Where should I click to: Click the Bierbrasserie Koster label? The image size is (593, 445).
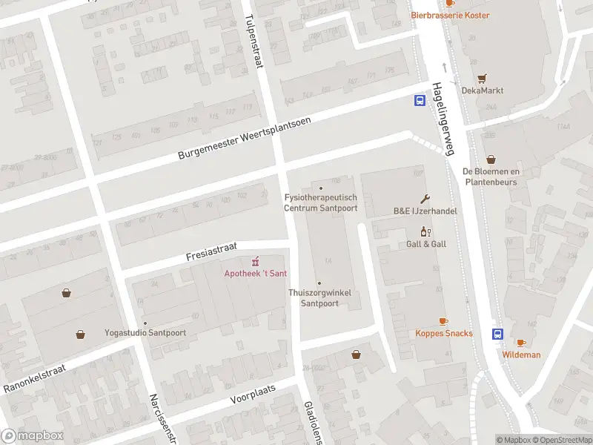tap(451, 15)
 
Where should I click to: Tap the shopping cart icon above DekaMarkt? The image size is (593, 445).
tap(482, 78)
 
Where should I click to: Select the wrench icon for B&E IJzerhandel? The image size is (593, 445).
tap(425, 199)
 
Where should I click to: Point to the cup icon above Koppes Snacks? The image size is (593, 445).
tap(443, 321)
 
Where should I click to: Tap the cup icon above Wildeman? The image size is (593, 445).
tap(521, 343)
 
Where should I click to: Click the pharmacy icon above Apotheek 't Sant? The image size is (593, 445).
tap(256, 261)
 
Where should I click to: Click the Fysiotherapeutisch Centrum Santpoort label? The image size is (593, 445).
tap(321, 202)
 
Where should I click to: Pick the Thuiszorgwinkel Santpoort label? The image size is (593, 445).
tap(319, 298)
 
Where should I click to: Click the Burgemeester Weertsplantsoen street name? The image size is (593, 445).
tap(244, 138)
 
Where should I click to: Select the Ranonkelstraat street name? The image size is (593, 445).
tap(35, 378)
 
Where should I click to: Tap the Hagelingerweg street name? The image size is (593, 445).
tap(443, 119)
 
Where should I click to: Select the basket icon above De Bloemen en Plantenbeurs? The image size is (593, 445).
tap(491, 159)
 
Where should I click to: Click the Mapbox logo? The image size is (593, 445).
tap(33, 436)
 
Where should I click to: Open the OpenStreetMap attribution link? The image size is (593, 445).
tap(563, 440)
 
